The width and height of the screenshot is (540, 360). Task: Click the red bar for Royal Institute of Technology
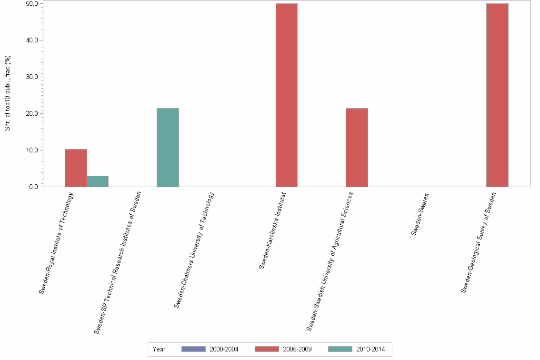tap(76, 168)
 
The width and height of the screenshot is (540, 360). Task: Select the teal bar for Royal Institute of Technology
tap(98, 181)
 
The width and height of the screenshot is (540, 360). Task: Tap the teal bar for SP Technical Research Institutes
tap(168, 147)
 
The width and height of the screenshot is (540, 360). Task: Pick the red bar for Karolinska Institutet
tap(286, 95)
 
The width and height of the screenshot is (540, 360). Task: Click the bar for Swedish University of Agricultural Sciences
tap(357, 147)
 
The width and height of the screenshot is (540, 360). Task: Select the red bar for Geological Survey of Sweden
tap(497, 95)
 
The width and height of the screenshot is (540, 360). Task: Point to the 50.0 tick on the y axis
tap(32, 3)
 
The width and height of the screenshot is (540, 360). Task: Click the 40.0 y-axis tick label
tap(32, 40)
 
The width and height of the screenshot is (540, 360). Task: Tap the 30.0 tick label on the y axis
tap(32, 77)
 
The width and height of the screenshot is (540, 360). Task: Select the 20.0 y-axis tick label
tap(32, 113)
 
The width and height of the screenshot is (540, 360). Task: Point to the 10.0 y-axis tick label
tap(32, 150)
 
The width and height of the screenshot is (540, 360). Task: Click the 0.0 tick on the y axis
tap(33, 187)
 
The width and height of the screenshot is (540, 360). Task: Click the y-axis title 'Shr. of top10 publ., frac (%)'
tap(8, 93)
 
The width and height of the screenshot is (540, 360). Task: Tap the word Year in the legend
tap(159, 349)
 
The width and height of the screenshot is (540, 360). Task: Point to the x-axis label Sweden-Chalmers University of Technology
tap(194, 250)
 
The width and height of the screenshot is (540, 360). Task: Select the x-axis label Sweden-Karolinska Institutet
tap(272, 230)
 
